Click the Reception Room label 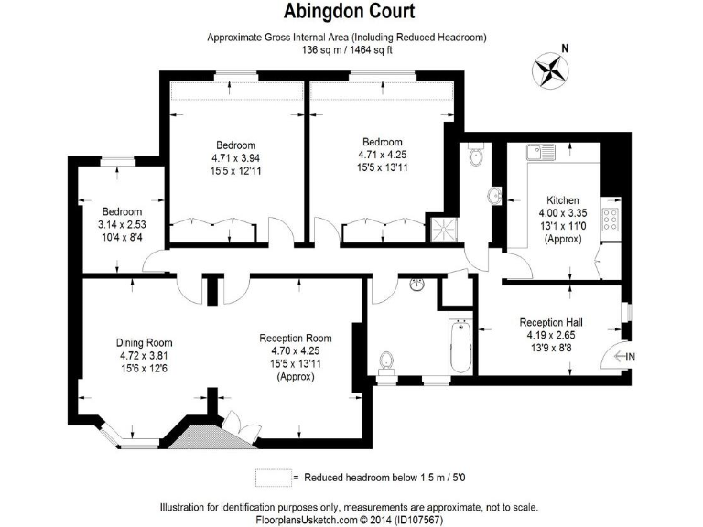295,337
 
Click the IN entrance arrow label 626,356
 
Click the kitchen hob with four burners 610,220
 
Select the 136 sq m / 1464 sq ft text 346,50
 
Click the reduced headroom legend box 271,478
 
